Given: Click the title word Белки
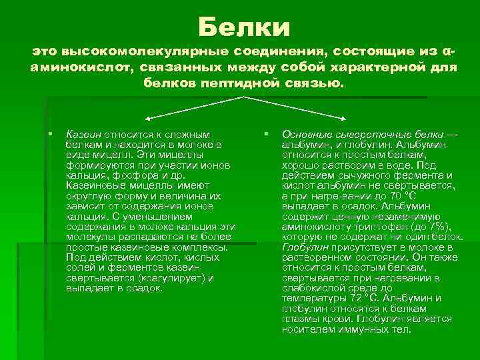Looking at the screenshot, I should point(244,28).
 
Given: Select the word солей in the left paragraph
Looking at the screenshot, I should point(79,267).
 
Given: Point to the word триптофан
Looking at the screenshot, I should point(369,227).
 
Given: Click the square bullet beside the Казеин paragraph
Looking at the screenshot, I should point(50,135).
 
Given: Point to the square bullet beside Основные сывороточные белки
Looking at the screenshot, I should point(266,135).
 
